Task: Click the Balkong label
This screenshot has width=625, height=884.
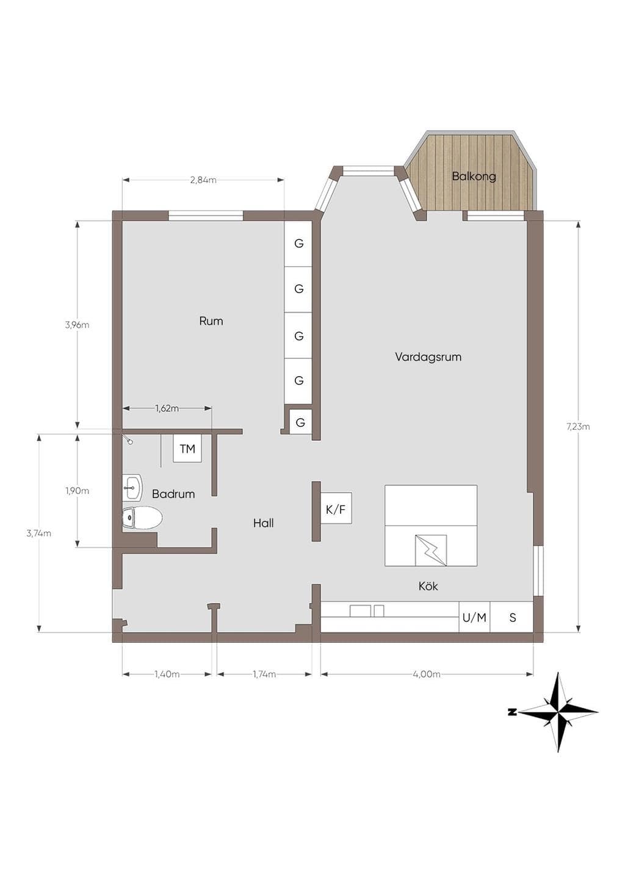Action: pyautogui.click(x=474, y=176)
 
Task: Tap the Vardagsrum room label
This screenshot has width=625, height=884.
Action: pyautogui.click(x=428, y=357)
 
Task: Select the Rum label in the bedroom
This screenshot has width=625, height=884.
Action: pyautogui.click(x=211, y=321)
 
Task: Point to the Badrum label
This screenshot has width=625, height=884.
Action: pyautogui.click(x=173, y=494)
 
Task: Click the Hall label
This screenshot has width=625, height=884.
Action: pyautogui.click(x=264, y=523)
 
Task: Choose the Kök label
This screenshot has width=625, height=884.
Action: pyautogui.click(x=428, y=587)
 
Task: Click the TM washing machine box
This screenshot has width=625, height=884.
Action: pyautogui.click(x=187, y=449)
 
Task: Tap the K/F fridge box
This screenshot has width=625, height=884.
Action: pyautogui.click(x=336, y=510)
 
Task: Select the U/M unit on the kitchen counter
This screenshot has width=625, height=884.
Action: pyautogui.click(x=474, y=617)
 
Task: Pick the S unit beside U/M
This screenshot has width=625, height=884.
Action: pyautogui.click(x=511, y=617)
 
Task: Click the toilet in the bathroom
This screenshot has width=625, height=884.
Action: pyautogui.click(x=142, y=517)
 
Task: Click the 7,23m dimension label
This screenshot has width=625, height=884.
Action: pyautogui.click(x=578, y=426)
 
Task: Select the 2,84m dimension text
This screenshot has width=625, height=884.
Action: pyautogui.click(x=203, y=180)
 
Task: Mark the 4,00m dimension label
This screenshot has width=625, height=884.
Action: pyautogui.click(x=427, y=674)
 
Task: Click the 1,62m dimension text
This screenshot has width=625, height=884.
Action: pyautogui.click(x=167, y=408)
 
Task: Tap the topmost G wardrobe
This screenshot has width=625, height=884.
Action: pyautogui.click(x=298, y=244)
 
